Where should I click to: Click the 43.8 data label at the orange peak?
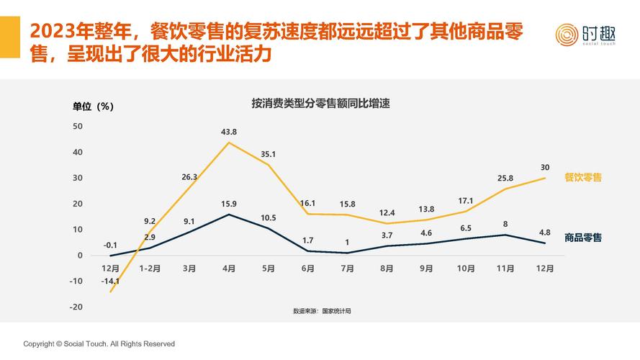[x=229, y=132]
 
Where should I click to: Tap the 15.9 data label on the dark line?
[x=229, y=204]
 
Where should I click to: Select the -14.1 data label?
[x=110, y=282]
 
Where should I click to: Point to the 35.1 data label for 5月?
[x=269, y=154]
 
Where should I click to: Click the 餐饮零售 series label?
[x=582, y=177]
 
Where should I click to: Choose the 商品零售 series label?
[x=582, y=237]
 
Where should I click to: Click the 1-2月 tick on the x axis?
[x=150, y=269]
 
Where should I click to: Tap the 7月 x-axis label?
[x=347, y=269]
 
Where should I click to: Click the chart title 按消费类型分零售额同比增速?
[x=320, y=103]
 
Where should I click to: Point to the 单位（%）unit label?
[x=93, y=107]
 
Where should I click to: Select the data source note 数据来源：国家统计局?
[x=322, y=311]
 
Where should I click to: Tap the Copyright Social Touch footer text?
[x=99, y=344]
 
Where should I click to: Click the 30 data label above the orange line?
[x=545, y=167]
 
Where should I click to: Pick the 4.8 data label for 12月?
[x=545, y=233]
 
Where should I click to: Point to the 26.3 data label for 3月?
[x=189, y=177]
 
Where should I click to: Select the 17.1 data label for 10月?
[x=466, y=200]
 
